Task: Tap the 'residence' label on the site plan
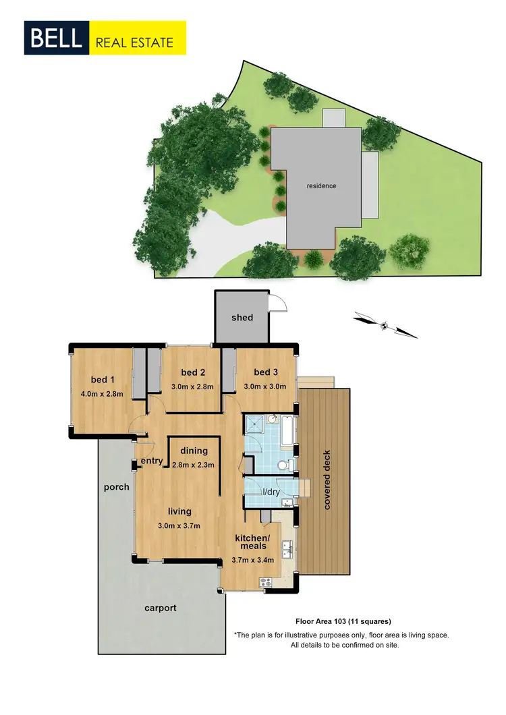pos(321,185)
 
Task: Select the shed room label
pos(242,317)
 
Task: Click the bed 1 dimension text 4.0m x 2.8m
pos(103,394)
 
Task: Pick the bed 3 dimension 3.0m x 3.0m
pos(265,387)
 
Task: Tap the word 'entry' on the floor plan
pos(152,461)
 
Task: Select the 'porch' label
pos(116,486)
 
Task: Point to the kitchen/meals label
pos(252,542)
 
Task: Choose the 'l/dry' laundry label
pos(271,492)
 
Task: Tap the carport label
pos(161,608)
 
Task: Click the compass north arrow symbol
pos(385,324)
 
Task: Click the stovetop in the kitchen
pos(264,581)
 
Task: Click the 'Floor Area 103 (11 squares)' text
pos(344,621)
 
